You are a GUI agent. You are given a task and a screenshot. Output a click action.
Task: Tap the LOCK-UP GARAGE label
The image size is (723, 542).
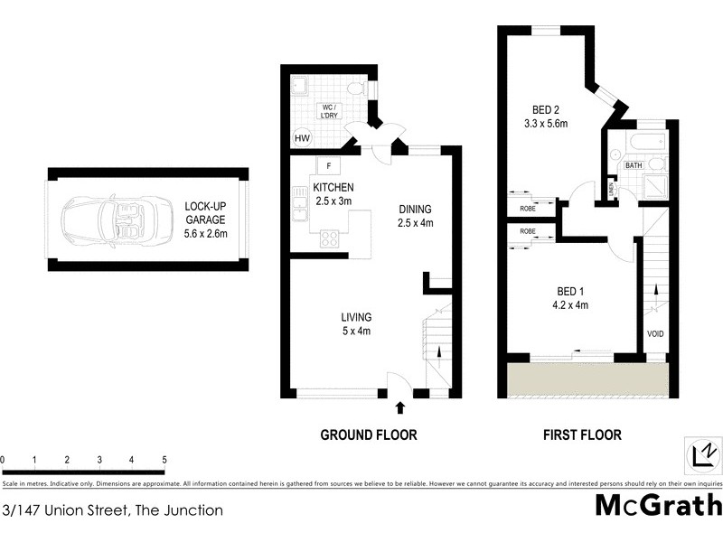(205, 220)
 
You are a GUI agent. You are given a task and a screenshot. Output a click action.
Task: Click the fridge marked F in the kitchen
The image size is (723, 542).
(327, 165)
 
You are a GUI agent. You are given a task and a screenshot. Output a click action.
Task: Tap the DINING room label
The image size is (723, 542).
(416, 216)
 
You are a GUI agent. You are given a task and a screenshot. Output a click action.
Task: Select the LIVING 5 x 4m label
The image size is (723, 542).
(356, 323)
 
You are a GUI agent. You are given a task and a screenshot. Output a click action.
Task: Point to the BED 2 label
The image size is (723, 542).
(545, 117)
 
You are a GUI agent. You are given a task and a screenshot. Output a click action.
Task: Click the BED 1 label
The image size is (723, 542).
(569, 298)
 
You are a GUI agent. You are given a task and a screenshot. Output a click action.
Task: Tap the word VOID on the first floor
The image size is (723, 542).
(655, 334)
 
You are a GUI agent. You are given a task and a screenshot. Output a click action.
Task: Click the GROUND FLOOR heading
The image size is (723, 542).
(369, 435)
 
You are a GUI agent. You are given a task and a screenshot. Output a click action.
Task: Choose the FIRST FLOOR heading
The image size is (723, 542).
(581, 435)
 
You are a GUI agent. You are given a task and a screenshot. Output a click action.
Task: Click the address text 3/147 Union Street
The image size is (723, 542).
(112, 510)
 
